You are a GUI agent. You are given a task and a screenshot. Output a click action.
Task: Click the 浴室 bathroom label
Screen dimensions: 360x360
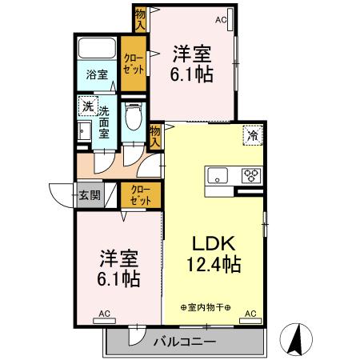[97, 76]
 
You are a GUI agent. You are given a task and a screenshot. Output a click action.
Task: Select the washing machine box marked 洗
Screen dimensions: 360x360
[85, 106]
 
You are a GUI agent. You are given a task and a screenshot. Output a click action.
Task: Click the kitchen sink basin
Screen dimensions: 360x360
[218, 175]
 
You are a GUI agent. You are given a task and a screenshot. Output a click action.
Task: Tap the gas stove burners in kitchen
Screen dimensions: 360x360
[251, 175]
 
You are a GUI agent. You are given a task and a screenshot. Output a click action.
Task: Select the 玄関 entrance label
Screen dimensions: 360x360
[90, 194]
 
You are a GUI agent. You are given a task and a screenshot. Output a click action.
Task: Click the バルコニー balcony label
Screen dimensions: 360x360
[184, 342]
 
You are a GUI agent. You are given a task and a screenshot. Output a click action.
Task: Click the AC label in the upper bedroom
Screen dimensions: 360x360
[221, 19]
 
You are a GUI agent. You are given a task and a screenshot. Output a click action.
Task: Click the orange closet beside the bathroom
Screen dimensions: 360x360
[133, 65]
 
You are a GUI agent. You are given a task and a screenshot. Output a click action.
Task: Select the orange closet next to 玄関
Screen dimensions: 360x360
[140, 195]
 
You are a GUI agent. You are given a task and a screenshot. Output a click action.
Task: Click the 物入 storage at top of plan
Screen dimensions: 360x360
[141, 18]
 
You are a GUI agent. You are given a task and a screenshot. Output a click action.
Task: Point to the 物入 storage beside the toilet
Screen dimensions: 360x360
[155, 135]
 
